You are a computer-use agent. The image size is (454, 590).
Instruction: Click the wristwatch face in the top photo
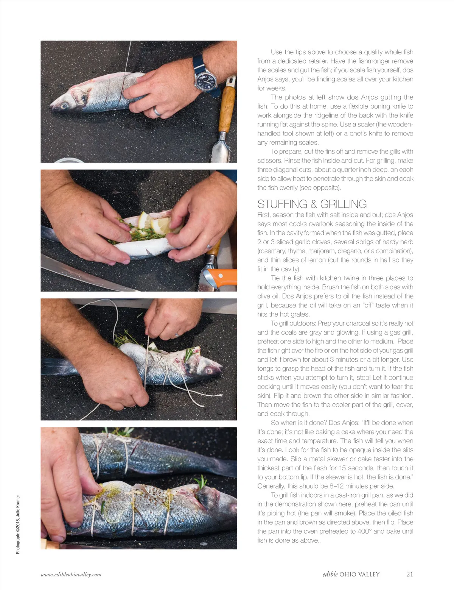[205, 80]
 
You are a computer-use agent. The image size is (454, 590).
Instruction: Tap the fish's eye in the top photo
[64, 106]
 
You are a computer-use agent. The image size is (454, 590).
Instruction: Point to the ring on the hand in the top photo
[157, 111]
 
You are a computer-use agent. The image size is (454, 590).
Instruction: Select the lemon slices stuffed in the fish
[154, 223]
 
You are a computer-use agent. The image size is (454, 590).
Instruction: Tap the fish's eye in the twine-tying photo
[209, 370]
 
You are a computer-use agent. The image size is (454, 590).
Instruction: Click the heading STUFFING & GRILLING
[312, 204]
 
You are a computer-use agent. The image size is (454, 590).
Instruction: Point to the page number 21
[409, 574]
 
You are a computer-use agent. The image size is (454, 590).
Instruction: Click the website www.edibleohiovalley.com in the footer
[71, 574]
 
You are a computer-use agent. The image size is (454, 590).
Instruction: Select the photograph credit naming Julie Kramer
[18, 524]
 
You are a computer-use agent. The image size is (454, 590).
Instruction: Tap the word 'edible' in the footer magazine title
[330, 574]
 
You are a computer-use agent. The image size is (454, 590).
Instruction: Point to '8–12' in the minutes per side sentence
[344, 486]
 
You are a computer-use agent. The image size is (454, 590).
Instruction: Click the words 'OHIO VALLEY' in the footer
[360, 574]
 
